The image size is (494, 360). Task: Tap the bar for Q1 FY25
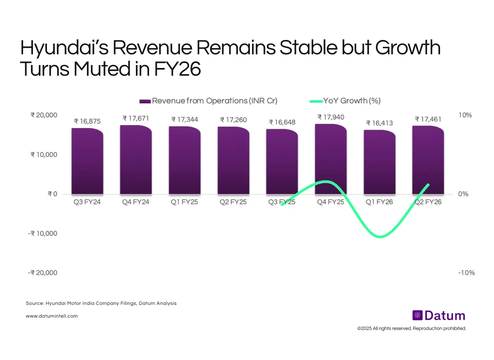click(x=184, y=160)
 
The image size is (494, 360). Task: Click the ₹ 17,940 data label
click(x=331, y=118)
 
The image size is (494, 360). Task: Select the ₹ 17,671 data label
click(x=135, y=118)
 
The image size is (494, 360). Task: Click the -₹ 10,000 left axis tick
click(x=42, y=233)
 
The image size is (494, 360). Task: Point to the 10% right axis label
click(x=465, y=115)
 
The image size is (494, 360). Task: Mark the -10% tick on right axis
click(x=466, y=273)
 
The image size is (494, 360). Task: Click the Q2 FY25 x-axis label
click(x=233, y=202)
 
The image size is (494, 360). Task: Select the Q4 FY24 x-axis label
click(x=136, y=202)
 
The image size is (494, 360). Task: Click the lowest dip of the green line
click(x=380, y=237)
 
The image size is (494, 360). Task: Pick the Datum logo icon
click(x=417, y=316)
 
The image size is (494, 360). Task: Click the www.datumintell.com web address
click(x=51, y=316)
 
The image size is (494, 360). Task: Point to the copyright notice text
click(x=411, y=328)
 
